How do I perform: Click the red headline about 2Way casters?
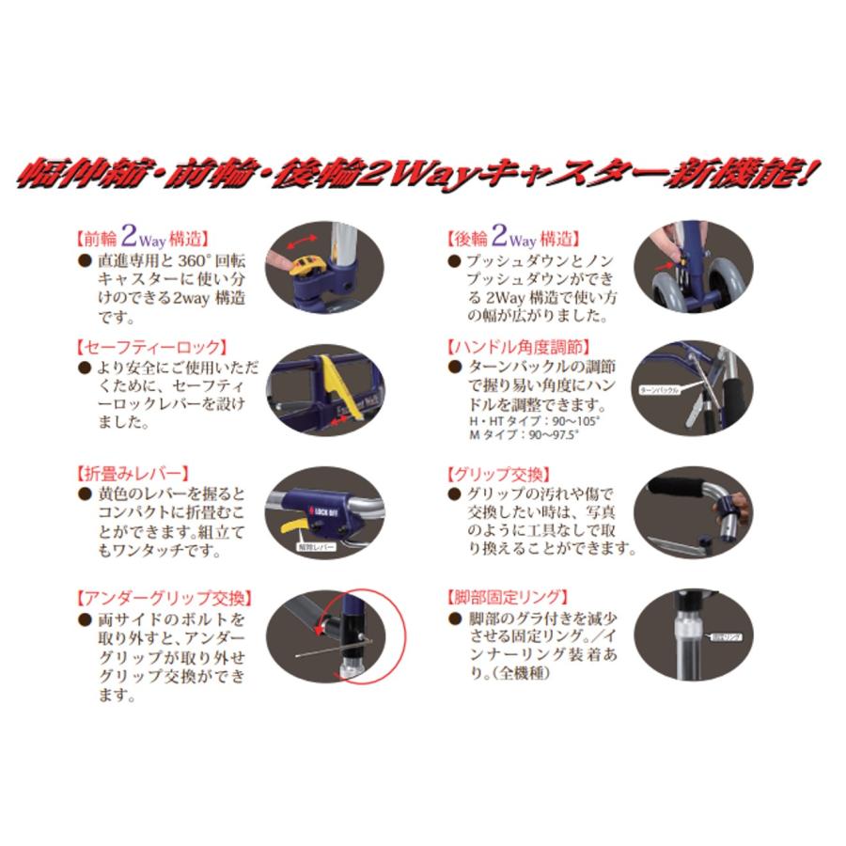423,176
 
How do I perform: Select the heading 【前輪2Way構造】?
141,240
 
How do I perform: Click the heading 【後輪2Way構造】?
511,240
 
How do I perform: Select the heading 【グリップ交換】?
501,473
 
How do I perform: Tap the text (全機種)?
519,674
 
